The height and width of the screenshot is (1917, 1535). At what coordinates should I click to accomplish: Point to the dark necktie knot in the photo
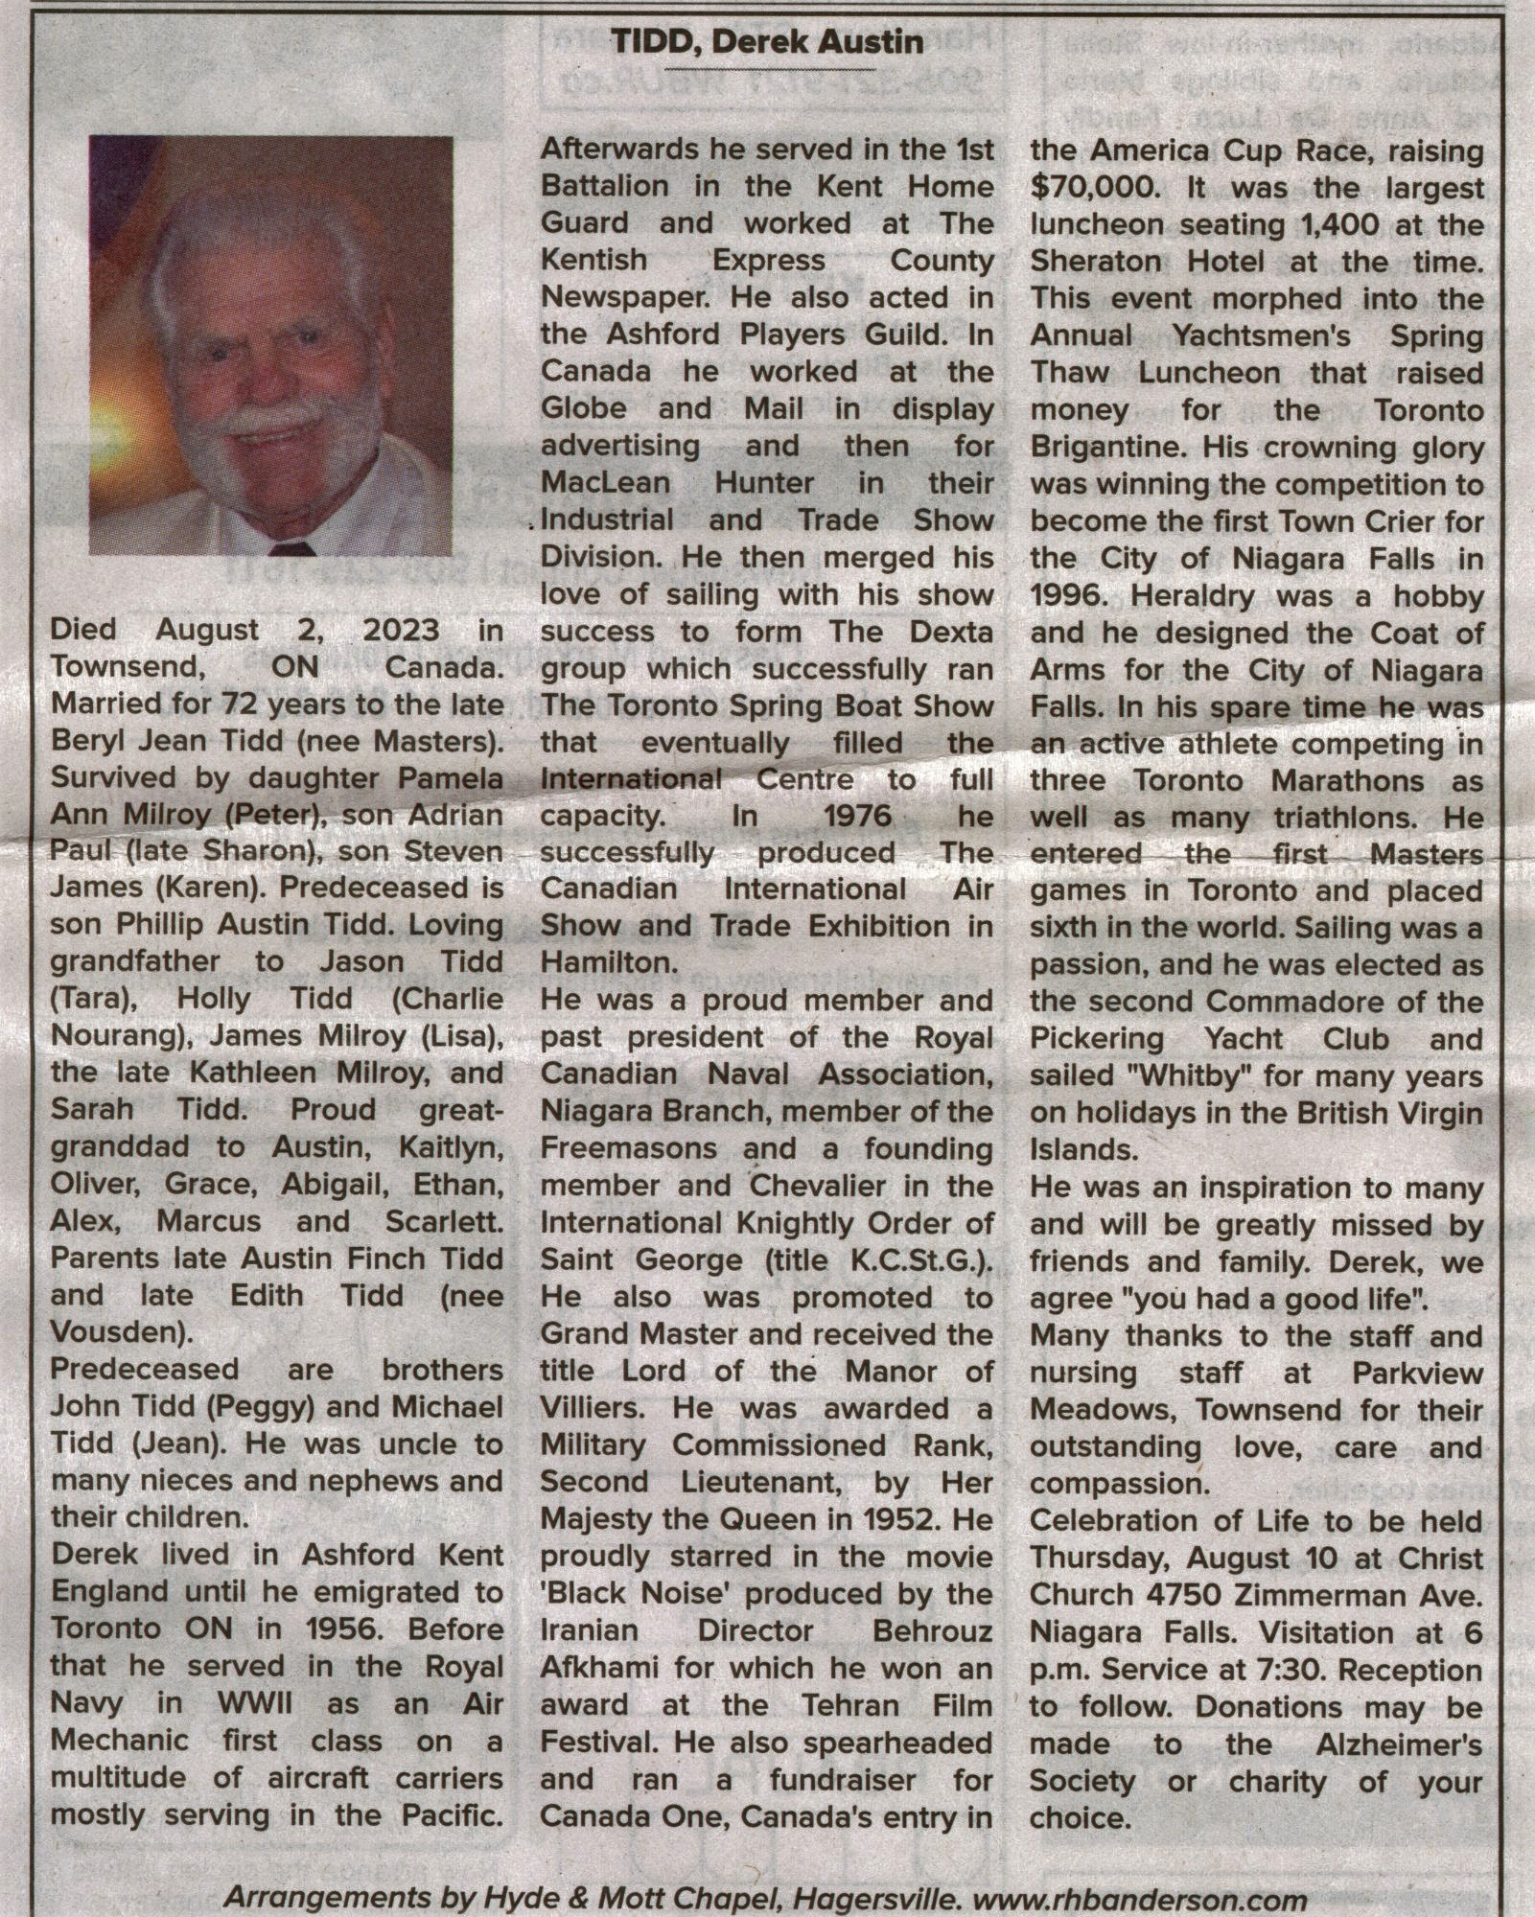pyautogui.click(x=292, y=549)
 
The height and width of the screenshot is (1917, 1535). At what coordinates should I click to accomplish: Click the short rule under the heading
pyautogui.click(x=769, y=69)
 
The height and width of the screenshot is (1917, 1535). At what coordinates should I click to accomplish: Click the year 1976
pyautogui.click(x=857, y=817)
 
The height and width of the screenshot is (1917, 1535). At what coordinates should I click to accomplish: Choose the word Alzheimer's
pyautogui.click(x=1399, y=1744)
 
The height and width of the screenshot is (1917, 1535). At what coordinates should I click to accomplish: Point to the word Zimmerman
pyautogui.click(x=1324, y=1594)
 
